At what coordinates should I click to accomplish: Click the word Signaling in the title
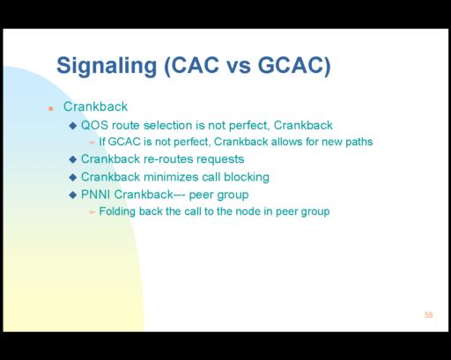(107, 66)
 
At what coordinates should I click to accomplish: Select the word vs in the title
(240, 67)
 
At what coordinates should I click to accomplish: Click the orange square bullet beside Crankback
(51, 109)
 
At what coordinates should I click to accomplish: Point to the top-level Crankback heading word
(95, 107)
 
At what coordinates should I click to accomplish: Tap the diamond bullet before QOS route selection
(72, 126)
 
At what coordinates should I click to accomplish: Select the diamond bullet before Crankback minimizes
(72, 177)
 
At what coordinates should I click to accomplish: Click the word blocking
(247, 178)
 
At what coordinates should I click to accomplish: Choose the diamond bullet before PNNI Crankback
(72, 195)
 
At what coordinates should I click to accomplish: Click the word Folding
(117, 211)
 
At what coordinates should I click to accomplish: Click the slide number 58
(428, 315)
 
